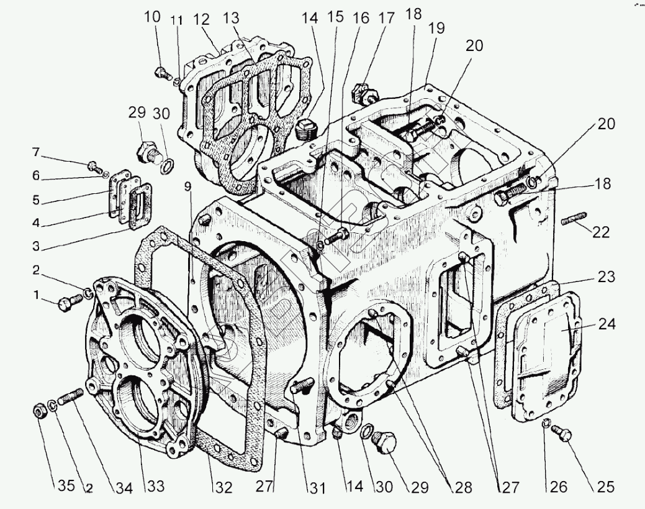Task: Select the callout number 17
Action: coord(386,17)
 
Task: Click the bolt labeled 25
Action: coord(564,434)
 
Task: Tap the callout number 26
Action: coord(559,487)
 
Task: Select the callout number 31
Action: coord(317,487)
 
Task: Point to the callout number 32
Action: coord(223,487)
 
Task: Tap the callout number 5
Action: coord(36,199)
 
